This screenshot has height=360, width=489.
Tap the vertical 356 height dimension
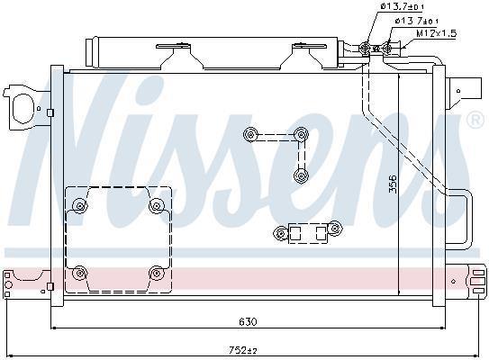(x=394, y=184)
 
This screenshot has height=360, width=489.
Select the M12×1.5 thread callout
(x=436, y=33)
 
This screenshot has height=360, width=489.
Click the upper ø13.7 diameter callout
(x=402, y=6)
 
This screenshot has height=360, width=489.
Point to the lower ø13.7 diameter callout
(x=417, y=21)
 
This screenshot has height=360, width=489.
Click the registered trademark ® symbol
(x=475, y=120)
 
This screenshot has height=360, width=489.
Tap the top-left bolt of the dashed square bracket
(x=80, y=206)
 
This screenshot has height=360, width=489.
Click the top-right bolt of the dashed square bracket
(x=157, y=206)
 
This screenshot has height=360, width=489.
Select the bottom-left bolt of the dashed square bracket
(x=80, y=274)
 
